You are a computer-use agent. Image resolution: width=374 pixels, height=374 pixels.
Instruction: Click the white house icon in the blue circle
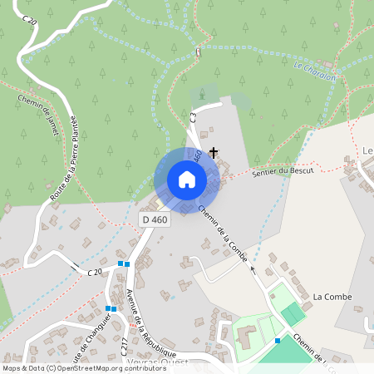tap(186, 180)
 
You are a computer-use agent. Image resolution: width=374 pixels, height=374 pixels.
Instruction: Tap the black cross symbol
tap(214, 152)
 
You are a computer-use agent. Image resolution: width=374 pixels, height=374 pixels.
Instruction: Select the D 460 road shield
tap(153, 219)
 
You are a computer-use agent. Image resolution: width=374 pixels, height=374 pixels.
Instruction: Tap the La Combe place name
tap(332, 297)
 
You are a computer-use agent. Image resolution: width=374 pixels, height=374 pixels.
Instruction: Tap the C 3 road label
tap(193, 116)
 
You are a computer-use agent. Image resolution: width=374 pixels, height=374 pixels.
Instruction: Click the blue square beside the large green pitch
tap(278, 340)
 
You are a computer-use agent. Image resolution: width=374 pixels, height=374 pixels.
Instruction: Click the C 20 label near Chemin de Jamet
tap(31, 18)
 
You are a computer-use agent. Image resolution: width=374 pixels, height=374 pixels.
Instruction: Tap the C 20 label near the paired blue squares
tap(95, 272)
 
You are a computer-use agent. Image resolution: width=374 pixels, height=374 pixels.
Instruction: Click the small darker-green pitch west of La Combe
tap(292, 314)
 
